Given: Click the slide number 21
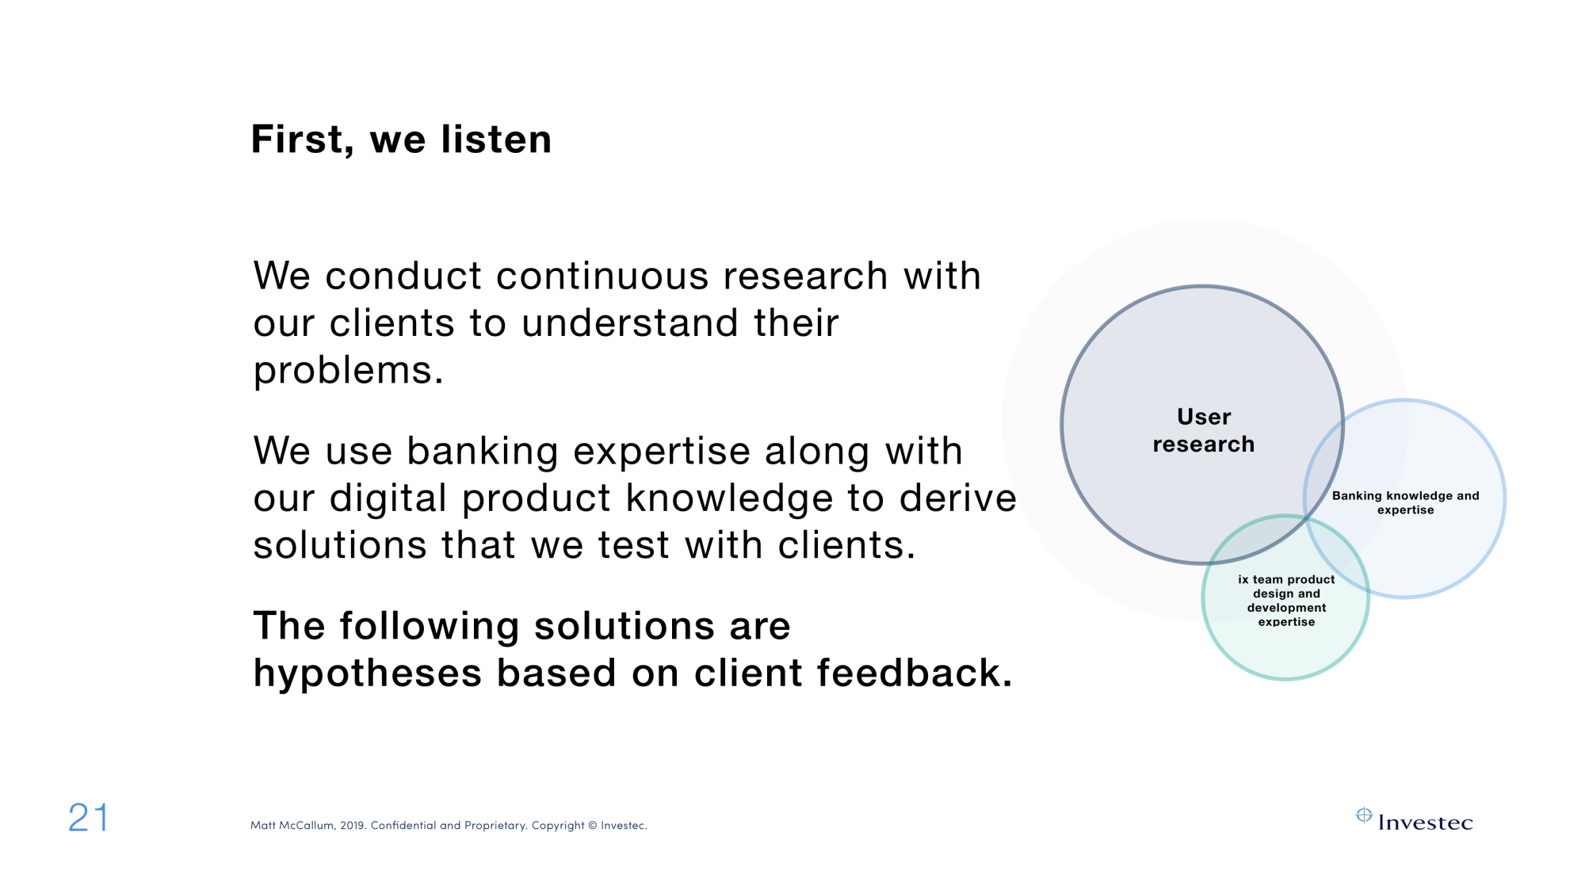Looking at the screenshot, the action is tap(88, 818).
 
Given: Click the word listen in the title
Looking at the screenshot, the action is tap(496, 139).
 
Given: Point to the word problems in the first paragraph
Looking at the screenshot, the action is tap(348, 371).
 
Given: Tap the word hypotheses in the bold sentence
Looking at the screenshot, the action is tap(368, 674).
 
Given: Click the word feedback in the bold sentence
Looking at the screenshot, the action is tap(915, 673).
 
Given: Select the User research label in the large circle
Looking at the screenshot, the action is tap(1204, 430).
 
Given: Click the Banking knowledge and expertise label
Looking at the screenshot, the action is tap(1405, 502).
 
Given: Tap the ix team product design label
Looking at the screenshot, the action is tap(1286, 601).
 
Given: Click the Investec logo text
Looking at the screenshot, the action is tap(1425, 823).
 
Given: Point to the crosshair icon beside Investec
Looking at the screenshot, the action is tap(1364, 815).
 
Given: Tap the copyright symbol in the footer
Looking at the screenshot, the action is tap(593, 826).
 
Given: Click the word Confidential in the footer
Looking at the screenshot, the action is tap(403, 826).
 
